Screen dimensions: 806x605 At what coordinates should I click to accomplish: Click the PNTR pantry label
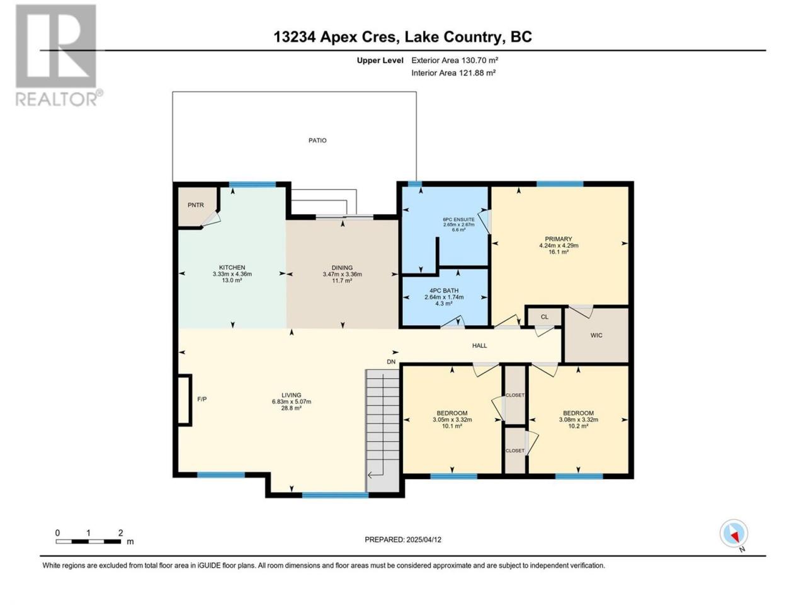(195, 205)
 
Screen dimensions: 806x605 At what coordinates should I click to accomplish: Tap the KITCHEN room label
(232, 267)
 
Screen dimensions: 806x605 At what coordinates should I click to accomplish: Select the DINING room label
(342, 268)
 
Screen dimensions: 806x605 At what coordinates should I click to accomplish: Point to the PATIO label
(317, 141)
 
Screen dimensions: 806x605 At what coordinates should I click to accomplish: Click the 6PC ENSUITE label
(458, 219)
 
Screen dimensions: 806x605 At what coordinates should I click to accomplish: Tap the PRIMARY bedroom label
(558, 239)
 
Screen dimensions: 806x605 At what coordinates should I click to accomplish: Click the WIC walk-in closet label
(596, 335)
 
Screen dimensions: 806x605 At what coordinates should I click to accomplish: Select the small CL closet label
(545, 316)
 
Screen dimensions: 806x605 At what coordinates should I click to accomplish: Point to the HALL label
(480, 345)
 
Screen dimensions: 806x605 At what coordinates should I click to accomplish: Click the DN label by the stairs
(391, 362)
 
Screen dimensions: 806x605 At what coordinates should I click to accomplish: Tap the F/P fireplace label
(202, 399)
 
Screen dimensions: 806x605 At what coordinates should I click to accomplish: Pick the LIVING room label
(291, 395)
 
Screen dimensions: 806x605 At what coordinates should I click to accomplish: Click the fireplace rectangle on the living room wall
(184, 400)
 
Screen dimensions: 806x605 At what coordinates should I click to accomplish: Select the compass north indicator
(734, 533)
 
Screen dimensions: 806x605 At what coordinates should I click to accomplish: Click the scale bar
(88, 541)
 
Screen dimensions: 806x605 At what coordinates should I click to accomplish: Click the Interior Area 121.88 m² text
(453, 72)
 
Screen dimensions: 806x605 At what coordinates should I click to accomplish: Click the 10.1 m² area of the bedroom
(452, 426)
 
